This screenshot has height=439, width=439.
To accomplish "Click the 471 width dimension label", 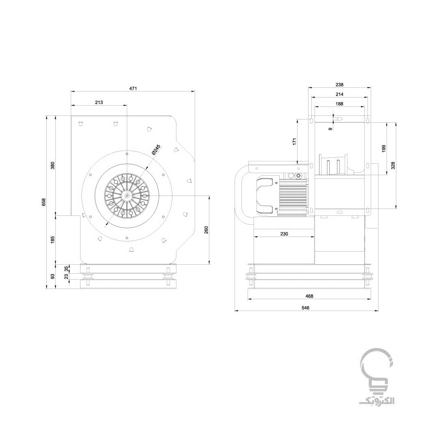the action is [x=133, y=89].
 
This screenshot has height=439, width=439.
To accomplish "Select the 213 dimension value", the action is [x=99, y=102].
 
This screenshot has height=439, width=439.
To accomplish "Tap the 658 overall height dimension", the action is [x=43, y=202].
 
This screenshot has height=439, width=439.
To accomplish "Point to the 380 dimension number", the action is [x=52, y=165].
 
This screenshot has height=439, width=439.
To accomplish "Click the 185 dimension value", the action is [x=52, y=240].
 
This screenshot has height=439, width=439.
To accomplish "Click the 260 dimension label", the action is [x=206, y=230].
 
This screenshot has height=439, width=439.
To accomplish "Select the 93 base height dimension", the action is [x=52, y=276].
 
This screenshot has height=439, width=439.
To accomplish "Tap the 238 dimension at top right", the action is [x=339, y=85].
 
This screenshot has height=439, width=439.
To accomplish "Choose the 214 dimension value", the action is [x=339, y=94].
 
